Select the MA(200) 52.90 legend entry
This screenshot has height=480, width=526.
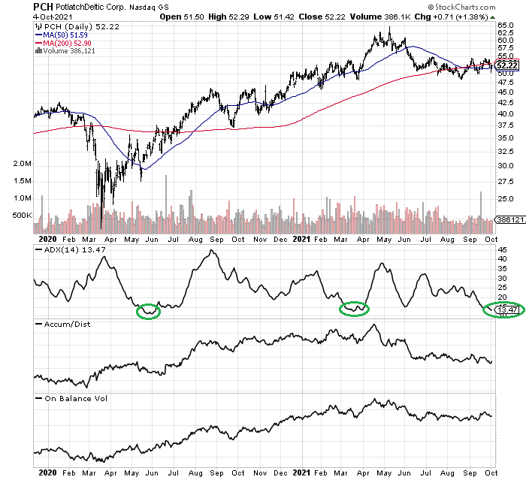(71, 43)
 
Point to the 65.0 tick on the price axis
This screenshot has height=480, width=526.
(506, 25)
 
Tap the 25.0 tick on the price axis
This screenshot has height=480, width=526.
(506, 199)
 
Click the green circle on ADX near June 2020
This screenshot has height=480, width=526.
(149, 310)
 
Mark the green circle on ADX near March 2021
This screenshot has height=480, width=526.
(353, 307)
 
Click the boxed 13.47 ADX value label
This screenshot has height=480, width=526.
(508, 309)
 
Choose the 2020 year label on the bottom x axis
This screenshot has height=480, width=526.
(47, 473)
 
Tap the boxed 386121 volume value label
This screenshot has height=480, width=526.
(509, 219)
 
